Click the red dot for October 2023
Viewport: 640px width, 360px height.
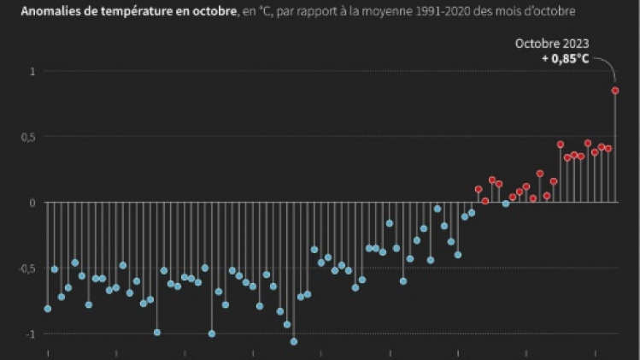[x=614, y=91]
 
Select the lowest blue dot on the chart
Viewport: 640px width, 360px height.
[x=294, y=341]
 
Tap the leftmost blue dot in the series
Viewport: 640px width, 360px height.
[x=48, y=309]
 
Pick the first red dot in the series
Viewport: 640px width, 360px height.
[x=479, y=189]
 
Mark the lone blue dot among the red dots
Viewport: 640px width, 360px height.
[x=506, y=204]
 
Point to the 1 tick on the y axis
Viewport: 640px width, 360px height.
[x=33, y=71]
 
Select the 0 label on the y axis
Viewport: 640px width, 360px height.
[x=33, y=203]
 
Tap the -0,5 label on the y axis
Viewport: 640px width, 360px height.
[x=27, y=269]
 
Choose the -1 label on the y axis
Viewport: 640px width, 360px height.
[x=32, y=333]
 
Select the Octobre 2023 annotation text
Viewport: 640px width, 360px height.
[x=552, y=43]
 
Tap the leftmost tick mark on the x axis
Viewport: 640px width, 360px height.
[x=48, y=352]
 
